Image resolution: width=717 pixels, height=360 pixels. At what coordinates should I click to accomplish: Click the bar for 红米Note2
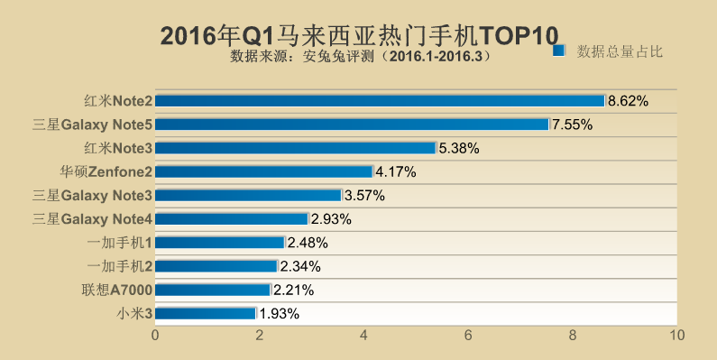click(x=380, y=100)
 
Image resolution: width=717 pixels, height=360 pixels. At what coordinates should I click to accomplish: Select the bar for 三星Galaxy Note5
click(x=352, y=124)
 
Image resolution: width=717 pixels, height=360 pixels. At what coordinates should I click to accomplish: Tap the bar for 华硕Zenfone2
click(x=264, y=171)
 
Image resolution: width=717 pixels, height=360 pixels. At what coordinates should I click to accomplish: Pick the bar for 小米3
click(x=206, y=313)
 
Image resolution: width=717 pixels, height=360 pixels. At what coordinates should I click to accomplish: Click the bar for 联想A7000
click(x=213, y=290)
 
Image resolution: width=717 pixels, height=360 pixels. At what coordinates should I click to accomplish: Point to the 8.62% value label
click(x=629, y=101)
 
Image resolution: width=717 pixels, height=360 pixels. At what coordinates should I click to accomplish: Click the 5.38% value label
click(x=458, y=148)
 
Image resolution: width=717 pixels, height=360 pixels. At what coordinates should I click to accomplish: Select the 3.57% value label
click(x=364, y=195)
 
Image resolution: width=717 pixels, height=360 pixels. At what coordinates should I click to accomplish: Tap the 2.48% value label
click(x=308, y=243)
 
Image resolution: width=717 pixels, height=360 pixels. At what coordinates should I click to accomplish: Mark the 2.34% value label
click(x=300, y=266)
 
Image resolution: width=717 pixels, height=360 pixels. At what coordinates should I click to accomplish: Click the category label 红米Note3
click(x=117, y=148)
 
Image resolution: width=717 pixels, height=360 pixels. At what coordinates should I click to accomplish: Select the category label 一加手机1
click(x=120, y=243)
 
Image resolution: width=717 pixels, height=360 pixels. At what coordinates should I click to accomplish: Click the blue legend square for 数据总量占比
click(x=558, y=51)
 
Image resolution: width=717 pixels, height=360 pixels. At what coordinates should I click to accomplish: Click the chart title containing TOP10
click(x=358, y=35)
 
